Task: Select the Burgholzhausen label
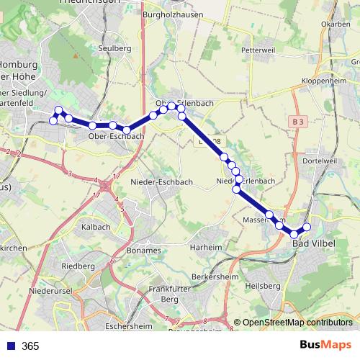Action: click(174, 14)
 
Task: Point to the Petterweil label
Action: click(259, 51)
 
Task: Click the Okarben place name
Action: click(335, 24)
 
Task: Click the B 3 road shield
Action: click(299, 122)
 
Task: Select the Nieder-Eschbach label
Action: click(162, 182)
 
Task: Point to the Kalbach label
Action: click(96, 227)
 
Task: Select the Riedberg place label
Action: click(78, 266)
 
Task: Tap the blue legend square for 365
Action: click(10, 346)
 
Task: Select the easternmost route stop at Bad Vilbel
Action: click(307, 228)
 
